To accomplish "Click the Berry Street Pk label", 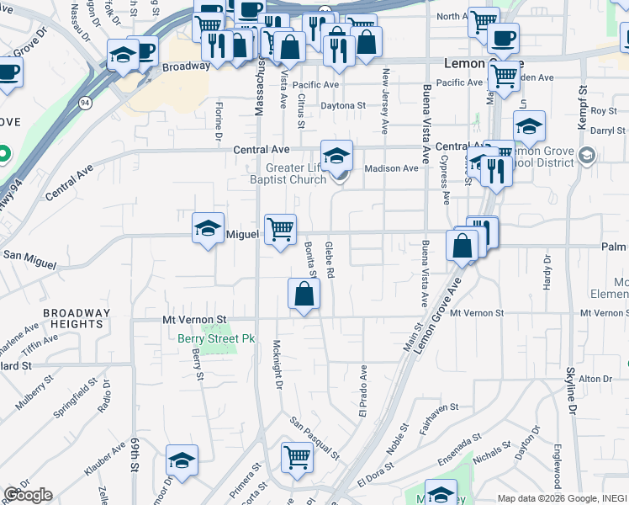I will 216,338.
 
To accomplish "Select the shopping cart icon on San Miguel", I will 280,229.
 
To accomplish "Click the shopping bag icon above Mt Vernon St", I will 304,295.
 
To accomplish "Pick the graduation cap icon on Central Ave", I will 336,156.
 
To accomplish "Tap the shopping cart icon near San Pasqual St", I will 297,459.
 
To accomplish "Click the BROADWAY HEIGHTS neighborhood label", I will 77,318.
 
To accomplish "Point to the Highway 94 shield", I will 85,103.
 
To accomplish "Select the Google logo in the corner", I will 28,495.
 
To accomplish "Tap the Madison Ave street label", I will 391,168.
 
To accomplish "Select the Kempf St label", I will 581,106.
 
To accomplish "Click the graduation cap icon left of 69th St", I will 182,460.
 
